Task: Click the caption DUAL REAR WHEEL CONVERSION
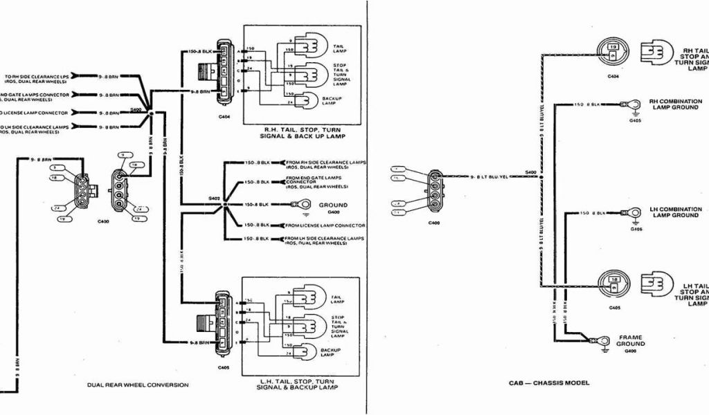138,385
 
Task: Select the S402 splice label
215,199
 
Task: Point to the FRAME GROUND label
631,343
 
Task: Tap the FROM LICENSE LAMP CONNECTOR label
325,225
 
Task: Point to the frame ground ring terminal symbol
593,340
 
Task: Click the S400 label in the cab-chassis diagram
531,171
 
